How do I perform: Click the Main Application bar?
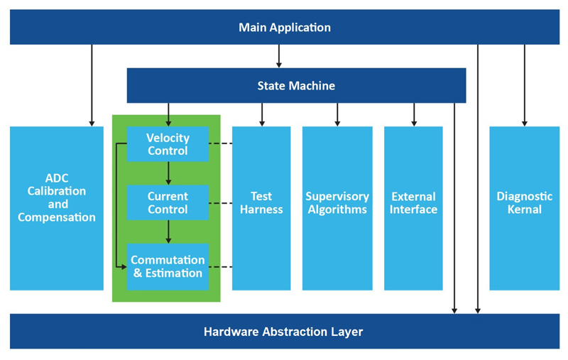click(284, 28)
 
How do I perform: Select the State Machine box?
click(296, 86)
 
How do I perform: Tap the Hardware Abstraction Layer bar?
click(284, 332)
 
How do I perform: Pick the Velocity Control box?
click(168, 144)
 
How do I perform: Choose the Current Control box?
click(168, 202)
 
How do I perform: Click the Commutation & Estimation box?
click(168, 266)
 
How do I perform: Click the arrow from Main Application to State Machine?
click(279, 56)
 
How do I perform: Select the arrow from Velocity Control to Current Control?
click(168, 173)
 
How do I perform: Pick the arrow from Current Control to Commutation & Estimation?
click(168, 231)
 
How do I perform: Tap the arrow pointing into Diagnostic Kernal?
click(525, 85)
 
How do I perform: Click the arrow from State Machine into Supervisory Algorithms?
click(337, 114)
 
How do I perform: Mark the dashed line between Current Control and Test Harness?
click(221, 203)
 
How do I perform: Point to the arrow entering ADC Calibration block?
click(92, 85)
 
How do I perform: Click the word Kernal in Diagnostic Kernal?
click(525, 209)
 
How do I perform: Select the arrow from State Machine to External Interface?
click(414, 114)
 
